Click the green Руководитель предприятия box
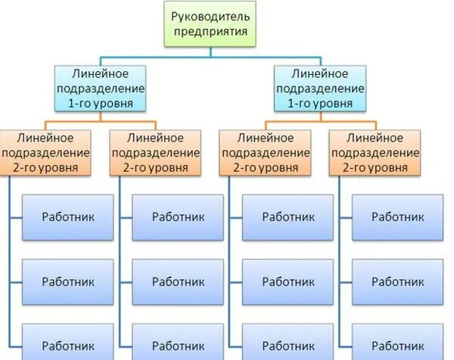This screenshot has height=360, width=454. (208, 24)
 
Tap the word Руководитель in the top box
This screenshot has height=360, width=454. (208, 17)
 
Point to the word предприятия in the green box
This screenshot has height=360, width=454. (208, 33)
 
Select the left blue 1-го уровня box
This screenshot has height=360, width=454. (100, 88)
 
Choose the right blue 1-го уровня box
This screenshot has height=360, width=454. (320, 88)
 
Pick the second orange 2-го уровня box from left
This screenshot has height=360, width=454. (156, 152)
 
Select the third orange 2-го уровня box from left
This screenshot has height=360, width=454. (266, 152)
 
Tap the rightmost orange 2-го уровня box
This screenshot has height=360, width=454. (376, 152)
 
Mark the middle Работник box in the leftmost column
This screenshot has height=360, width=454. (68, 281)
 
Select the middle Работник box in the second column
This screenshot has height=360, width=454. (178, 281)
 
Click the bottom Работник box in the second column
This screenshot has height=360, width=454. (178, 343)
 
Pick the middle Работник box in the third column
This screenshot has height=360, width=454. (288, 281)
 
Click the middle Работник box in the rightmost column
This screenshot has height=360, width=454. (399, 281)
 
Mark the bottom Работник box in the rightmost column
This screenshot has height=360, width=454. (399, 343)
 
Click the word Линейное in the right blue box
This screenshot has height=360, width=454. (320, 74)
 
